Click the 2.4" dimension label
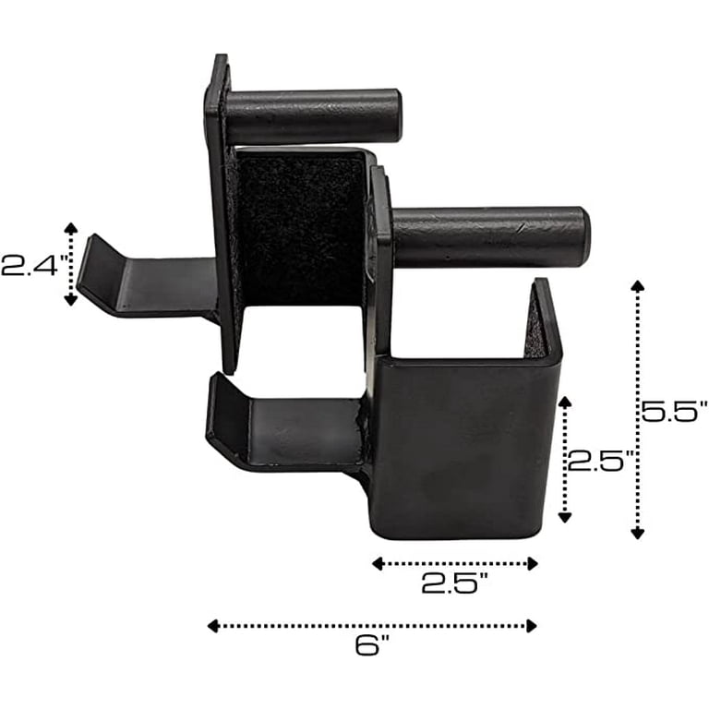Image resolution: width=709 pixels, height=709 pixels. pos(35,266)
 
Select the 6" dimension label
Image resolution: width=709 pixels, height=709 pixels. pos(372,644)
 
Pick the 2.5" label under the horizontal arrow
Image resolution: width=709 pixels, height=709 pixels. pos(455,583)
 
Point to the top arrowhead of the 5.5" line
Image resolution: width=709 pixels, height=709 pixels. pos(638,286)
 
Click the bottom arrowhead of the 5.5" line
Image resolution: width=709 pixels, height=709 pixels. pos(638,534)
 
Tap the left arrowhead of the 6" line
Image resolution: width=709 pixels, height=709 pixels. pos(212,626)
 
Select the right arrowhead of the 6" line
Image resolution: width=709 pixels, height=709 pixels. pos(532,626)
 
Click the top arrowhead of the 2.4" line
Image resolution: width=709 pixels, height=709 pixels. pos(70,228)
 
